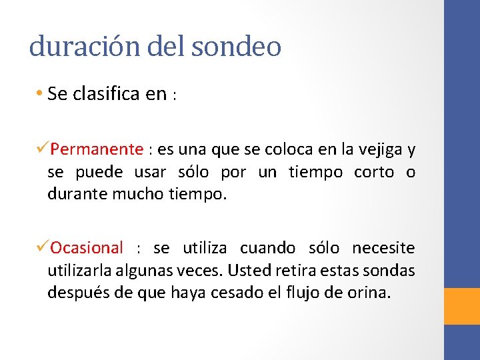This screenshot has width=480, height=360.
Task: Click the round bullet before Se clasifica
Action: [x=40, y=94]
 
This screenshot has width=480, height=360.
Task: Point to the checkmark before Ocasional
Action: [x=43, y=247]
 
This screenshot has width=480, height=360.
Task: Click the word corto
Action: [x=374, y=172]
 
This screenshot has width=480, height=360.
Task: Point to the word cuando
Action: [x=267, y=248]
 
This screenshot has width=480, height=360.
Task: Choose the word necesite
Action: [x=383, y=248]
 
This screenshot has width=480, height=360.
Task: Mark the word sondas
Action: [x=390, y=271]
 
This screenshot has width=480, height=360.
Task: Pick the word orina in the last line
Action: [x=368, y=293]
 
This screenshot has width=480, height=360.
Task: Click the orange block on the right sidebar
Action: [x=462, y=306]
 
